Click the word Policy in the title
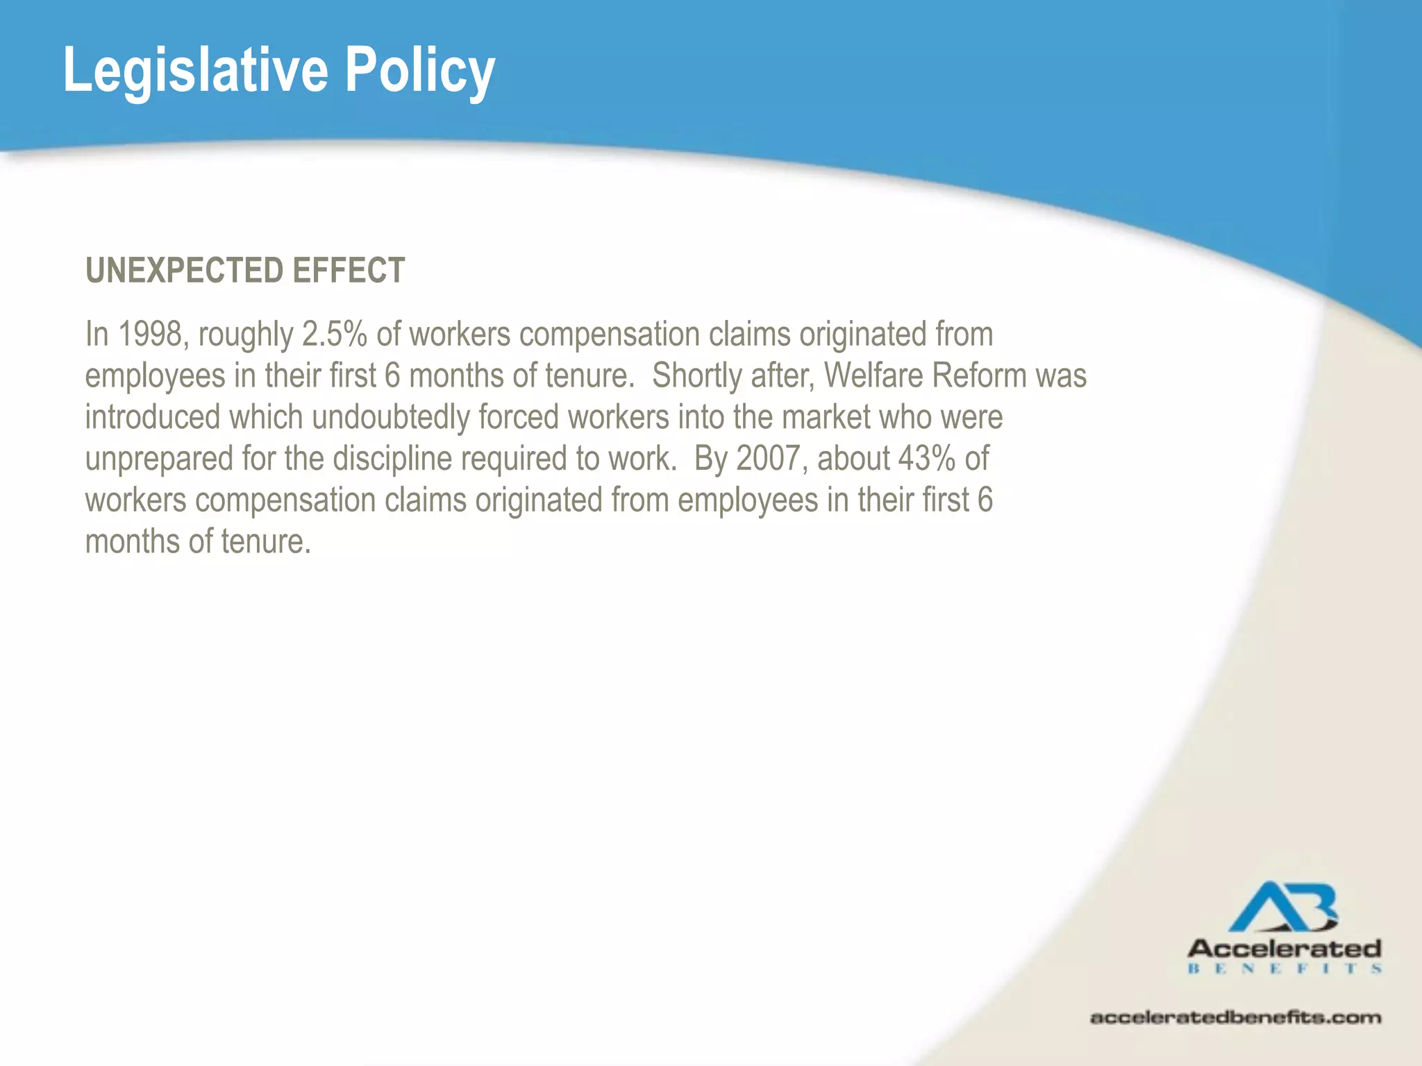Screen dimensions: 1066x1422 420,71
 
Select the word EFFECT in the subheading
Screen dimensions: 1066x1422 349,270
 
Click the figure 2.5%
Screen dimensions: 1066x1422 334,335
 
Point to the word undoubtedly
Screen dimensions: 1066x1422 391,417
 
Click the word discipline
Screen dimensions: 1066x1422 392,459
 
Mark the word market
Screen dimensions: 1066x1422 826,417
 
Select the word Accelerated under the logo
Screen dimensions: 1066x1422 1284,949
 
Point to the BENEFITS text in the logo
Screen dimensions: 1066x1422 1284,968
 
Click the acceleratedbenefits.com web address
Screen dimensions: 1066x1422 1235,1017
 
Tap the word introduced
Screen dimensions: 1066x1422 153,417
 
